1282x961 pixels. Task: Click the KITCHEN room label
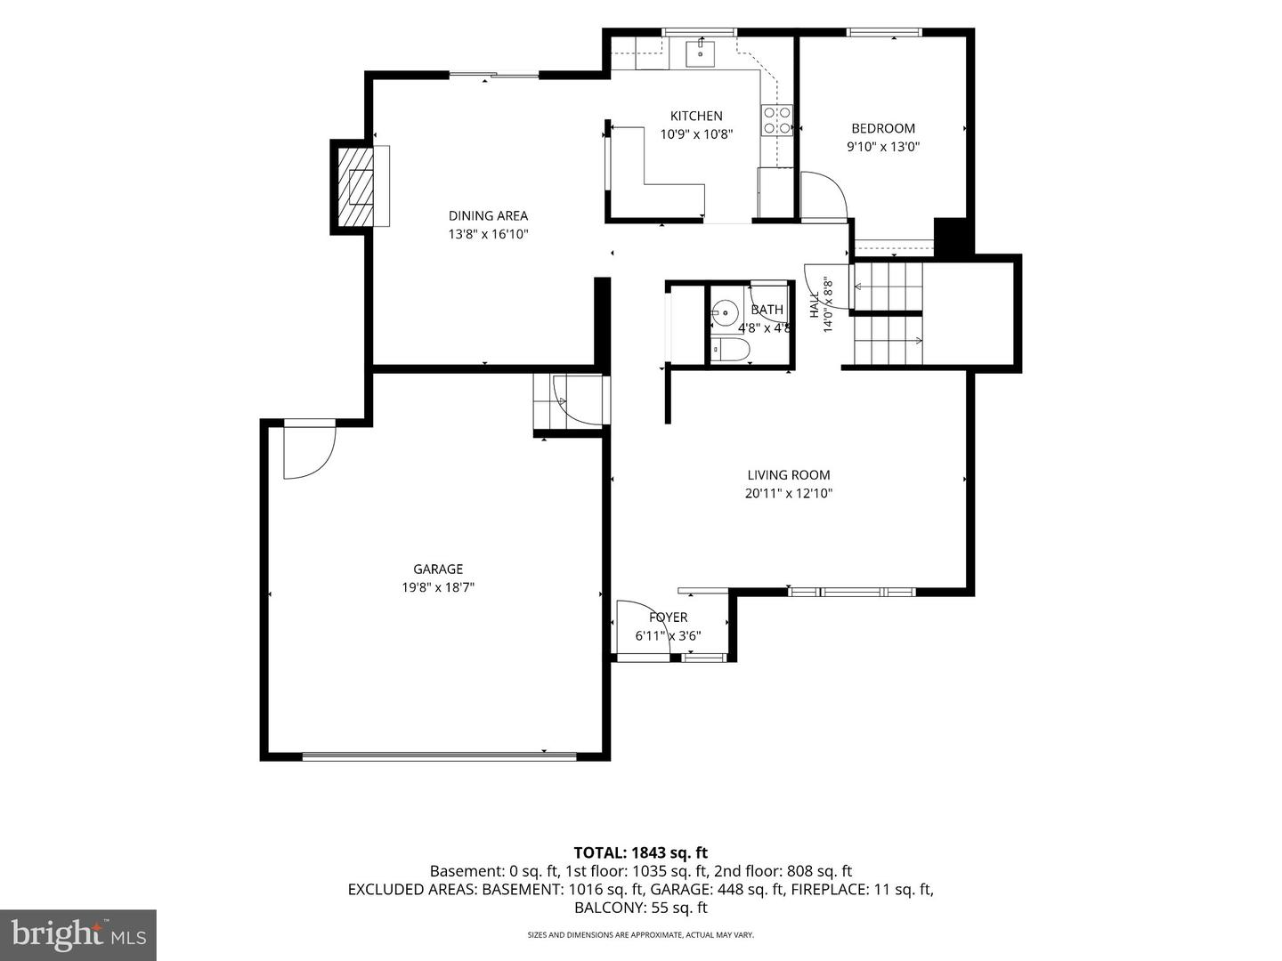click(695, 116)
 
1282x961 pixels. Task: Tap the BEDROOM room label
click(882, 128)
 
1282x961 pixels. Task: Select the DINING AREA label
click(488, 215)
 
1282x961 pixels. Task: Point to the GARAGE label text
click(437, 569)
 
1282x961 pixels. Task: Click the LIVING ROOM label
click(788, 474)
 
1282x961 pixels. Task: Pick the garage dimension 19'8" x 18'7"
click(437, 587)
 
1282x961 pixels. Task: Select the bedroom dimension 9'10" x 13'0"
click(882, 147)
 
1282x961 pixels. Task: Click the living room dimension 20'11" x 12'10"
click(788, 493)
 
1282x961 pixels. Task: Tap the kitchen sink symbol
click(701, 53)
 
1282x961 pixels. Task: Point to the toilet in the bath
click(729, 350)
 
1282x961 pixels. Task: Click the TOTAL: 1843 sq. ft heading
click(641, 852)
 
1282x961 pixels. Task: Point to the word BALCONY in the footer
click(608, 908)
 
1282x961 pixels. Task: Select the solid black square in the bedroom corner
click(950, 236)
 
